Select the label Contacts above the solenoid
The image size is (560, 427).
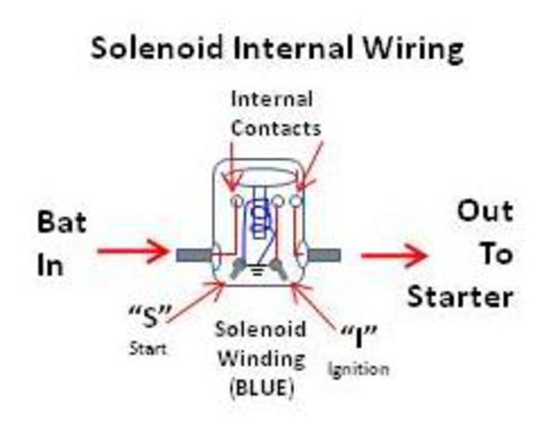[275, 128]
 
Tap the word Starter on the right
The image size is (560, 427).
[460, 295]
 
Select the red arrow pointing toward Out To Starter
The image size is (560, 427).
[393, 256]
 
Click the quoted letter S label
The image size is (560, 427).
[150, 315]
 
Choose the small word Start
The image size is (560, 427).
[146, 348]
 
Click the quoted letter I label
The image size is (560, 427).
[361, 335]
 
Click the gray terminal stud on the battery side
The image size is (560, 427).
[195, 254]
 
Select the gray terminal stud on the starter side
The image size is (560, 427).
[324, 254]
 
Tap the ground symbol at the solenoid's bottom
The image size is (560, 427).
[257, 268]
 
